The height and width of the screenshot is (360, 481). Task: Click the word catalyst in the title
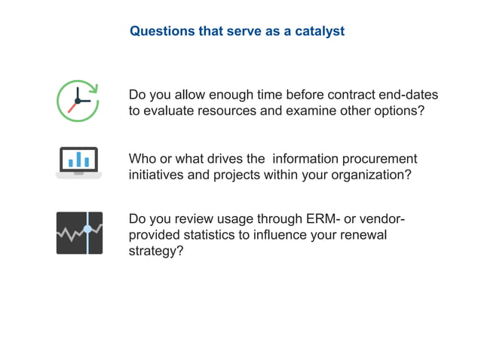point(317,32)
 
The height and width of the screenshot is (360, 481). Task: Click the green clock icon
point(78,100)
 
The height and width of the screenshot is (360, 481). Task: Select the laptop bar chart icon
point(78,162)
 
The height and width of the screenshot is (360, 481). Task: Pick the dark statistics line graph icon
point(79,233)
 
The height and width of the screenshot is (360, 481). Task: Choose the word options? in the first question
point(400,111)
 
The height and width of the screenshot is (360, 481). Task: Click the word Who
point(142,159)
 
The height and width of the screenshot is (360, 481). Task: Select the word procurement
point(380,159)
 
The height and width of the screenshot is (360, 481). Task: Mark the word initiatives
point(158,175)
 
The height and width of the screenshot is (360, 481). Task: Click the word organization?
point(367,175)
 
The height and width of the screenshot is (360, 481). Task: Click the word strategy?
point(156,251)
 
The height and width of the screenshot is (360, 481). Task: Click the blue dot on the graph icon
point(87,228)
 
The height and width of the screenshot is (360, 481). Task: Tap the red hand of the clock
point(72,107)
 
